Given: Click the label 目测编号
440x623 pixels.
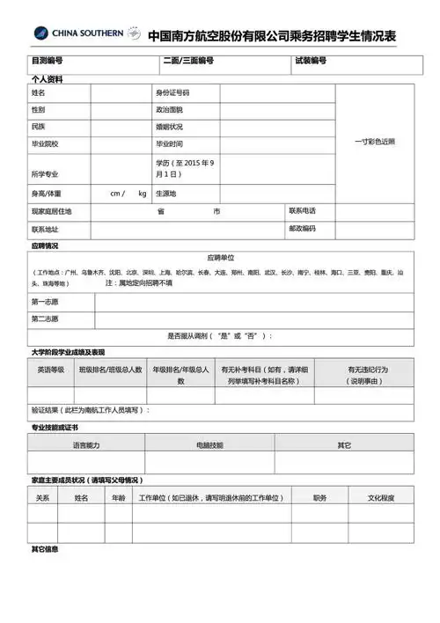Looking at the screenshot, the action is pyautogui.click(x=47, y=62).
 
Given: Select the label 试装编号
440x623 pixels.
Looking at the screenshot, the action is pyautogui.click(x=311, y=62).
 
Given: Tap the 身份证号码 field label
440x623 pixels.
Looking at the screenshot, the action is pyautogui.click(x=172, y=92).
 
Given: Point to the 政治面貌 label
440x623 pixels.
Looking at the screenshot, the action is pyautogui.click(x=169, y=110).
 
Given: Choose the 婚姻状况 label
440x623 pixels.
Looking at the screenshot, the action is pyautogui.click(x=169, y=127).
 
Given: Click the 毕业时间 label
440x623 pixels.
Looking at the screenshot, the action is pyautogui.click(x=169, y=143).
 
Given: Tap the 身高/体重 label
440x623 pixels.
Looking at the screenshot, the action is pyautogui.click(x=47, y=193).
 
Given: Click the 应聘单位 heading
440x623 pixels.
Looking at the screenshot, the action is pyautogui.click(x=221, y=258).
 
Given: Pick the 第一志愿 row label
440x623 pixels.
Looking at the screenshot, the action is pyautogui.click(x=46, y=302).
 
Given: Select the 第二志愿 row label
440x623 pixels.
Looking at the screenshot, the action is pyautogui.click(x=46, y=319).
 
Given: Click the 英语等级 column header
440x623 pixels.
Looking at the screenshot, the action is pyautogui.click(x=51, y=370).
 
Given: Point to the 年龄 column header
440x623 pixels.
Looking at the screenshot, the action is pyautogui.click(x=118, y=498).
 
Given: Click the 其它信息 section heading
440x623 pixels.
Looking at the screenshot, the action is pyautogui.click(x=45, y=549).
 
